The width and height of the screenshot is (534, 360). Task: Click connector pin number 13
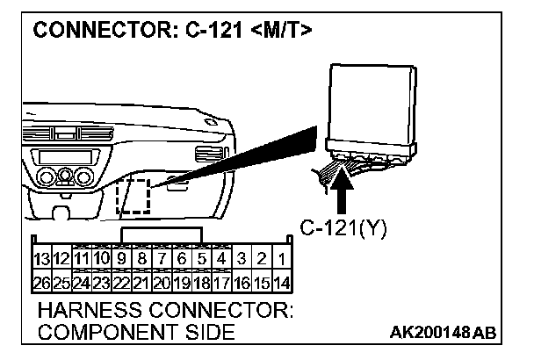pyautogui.click(x=40, y=260)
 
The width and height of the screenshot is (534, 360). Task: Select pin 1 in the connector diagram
pyautogui.click(x=279, y=260)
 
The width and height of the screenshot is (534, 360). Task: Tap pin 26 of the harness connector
pyautogui.click(x=40, y=284)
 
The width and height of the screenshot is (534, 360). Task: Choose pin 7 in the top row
pyautogui.click(x=161, y=260)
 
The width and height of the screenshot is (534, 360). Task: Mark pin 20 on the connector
pyautogui.click(x=161, y=284)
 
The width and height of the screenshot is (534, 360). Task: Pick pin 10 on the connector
pyautogui.click(x=101, y=260)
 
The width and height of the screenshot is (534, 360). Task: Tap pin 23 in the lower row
pyautogui.click(x=101, y=284)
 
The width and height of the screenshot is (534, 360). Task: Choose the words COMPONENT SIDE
pyautogui.click(x=135, y=332)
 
